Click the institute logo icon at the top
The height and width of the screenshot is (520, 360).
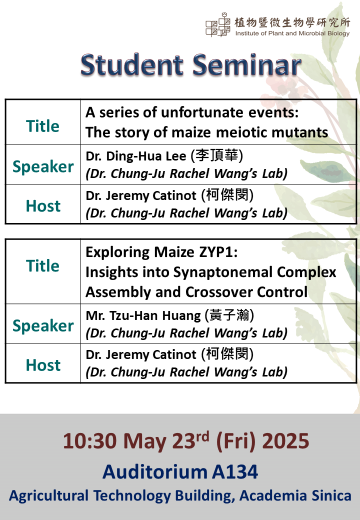tap(218, 24)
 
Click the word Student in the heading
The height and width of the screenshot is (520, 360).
tap(131, 64)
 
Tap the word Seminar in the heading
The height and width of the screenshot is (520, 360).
tap(246, 64)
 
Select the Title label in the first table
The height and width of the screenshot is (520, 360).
tap(43, 126)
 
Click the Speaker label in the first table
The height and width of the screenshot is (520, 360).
tap(43, 166)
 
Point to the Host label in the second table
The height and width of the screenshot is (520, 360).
tap(43, 365)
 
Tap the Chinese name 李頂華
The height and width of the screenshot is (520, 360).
tap(217, 155)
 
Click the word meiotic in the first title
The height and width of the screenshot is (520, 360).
tap(241, 132)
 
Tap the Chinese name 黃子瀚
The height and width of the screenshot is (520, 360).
tap(229, 315)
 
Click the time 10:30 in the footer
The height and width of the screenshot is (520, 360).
tap(90, 441)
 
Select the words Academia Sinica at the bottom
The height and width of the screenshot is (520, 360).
tap(295, 495)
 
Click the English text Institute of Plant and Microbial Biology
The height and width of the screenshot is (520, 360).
tap(292, 33)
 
